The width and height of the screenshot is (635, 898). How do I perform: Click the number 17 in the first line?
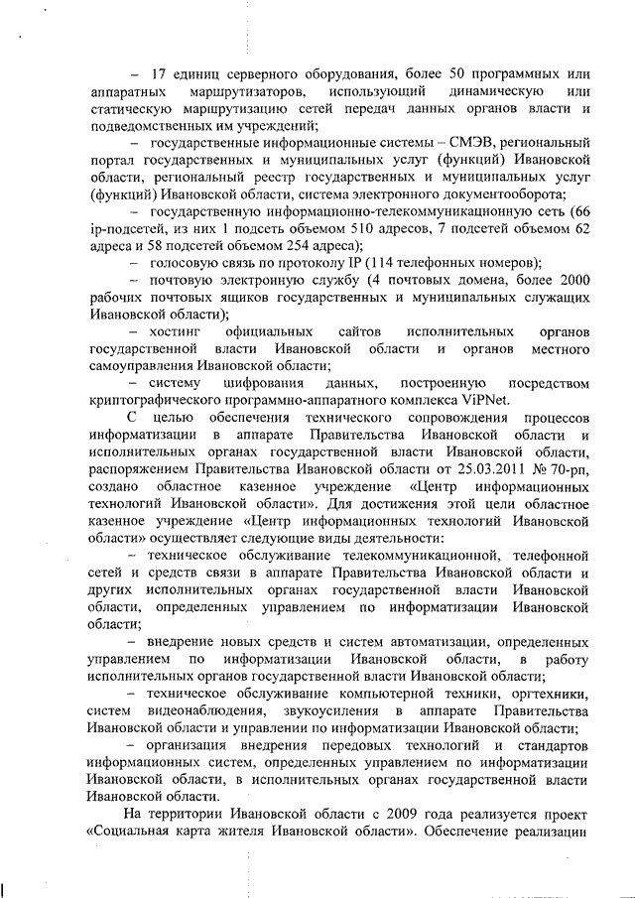[157, 74]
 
